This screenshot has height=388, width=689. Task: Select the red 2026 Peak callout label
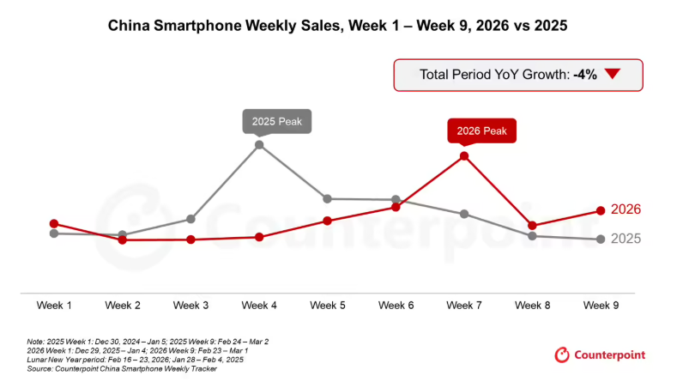pyautogui.click(x=481, y=131)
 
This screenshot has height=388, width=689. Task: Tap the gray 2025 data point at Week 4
pyautogui.click(x=259, y=145)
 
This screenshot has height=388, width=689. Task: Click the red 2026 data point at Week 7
pyautogui.click(x=463, y=156)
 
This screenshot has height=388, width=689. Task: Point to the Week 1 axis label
pyautogui.click(x=54, y=306)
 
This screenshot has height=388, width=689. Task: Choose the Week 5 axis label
pyautogui.click(x=328, y=306)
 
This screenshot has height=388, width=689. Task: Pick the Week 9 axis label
pyautogui.click(x=601, y=306)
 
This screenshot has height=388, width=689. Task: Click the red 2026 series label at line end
pyautogui.click(x=626, y=209)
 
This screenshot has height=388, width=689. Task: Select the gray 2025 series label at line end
pyautogui.click(x=626, y=239)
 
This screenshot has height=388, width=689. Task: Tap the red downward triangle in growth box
pyautogui.click(x=612, y=75)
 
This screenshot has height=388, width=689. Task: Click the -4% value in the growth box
pyautogui.click(x=585, y=75)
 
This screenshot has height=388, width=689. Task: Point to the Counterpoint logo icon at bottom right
pyautogui.click(x=563, y=355)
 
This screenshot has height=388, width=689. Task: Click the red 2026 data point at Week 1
pyautogui.click(x=54, y=224)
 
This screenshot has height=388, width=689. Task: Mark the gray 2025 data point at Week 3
pyautogui.click(x=191, y=220)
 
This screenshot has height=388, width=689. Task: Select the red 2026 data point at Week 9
pyautogui.click(x=601, y=211)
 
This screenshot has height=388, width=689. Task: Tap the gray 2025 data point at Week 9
pyautogui.click(x=601, y=239)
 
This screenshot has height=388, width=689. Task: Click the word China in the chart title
pyautogui.click(x=126, y=27)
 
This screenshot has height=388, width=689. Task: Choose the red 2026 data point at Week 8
pyautogui.click(x=532, y=226)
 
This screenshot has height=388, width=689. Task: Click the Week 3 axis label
pyautogui.click(x=190, y=306)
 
